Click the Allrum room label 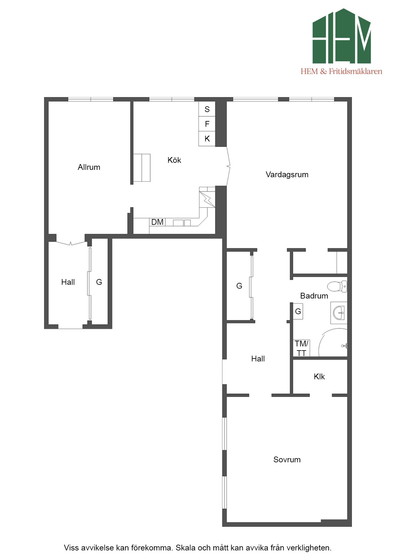[x=89, y=167]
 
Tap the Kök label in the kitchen [x=174, y=160]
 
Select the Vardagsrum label [x=287, y=174]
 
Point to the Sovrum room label [x=287, y=459]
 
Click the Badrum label [x=314, y=296]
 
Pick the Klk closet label [x=319, y=376]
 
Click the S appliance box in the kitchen [x=207, y=109]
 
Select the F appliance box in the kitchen [x=207, y=124]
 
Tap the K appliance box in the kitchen [x=207, y=139]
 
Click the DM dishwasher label [x=157, y=222]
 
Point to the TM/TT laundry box [x=301, y=348]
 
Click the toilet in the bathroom [x=337, y=286]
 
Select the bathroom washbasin [x=339, y=313]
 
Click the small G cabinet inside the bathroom [x=298, y=311]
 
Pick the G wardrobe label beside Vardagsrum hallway [x=239, y=286]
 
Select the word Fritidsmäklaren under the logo [x=355, y=71]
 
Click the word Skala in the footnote [x=186, y=548]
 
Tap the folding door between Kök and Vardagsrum [x=228, y=166]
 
